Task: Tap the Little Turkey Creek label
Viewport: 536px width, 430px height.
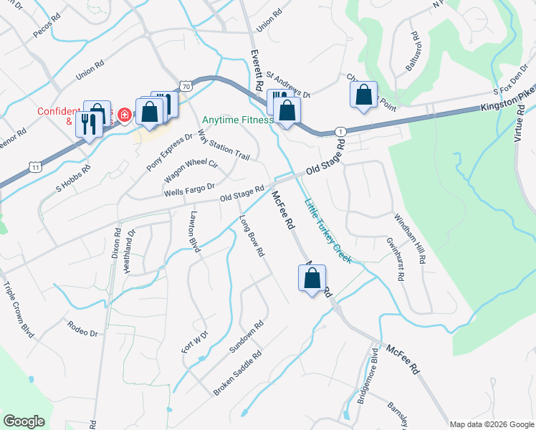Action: pyautogui.click(x=328, y=231)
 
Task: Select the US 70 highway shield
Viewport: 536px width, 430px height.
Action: pyautogui.click(x=186, y=86)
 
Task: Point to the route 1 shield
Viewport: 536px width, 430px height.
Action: pyautogui.click(x=340, y=131)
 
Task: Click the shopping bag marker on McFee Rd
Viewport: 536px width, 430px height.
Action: pyautogui.click(x=312, y=278)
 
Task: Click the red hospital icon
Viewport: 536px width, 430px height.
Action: pyautogui.click(x=124, y=115)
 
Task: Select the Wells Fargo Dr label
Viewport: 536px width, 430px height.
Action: pyautogui.click(x=190, y=190)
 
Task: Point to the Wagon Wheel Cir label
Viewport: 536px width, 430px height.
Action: pyautogui.click(x=191, y=170)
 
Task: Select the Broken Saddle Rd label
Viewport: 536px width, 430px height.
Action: pyautogui.click(x=238, y=373)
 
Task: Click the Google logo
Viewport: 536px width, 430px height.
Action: pyautogui.click(x=24, y=421)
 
